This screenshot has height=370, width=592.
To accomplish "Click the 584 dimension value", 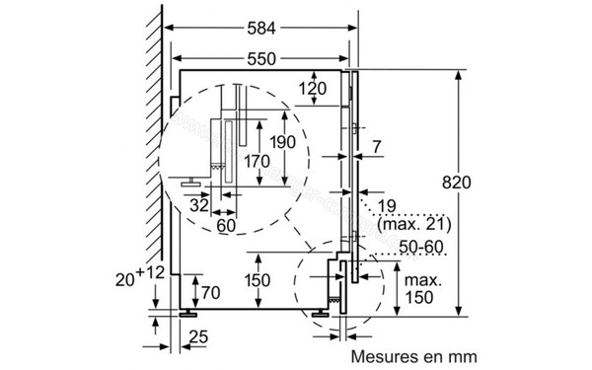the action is coord(261,29).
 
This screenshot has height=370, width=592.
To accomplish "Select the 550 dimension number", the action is coord(261,59).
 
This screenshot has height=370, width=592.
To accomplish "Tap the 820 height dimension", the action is coord(457,183).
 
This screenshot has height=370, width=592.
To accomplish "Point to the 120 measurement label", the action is coord(313,89).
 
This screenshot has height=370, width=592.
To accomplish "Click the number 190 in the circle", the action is coord(283,142).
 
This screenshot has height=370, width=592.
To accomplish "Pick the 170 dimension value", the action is coord(257,162).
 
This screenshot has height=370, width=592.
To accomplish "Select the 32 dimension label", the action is coord(199,206).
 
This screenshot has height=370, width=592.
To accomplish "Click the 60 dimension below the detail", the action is coord(226,226).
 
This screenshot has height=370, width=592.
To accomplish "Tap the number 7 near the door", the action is coord(377,147).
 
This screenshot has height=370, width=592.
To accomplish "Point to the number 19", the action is coord(387,206).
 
